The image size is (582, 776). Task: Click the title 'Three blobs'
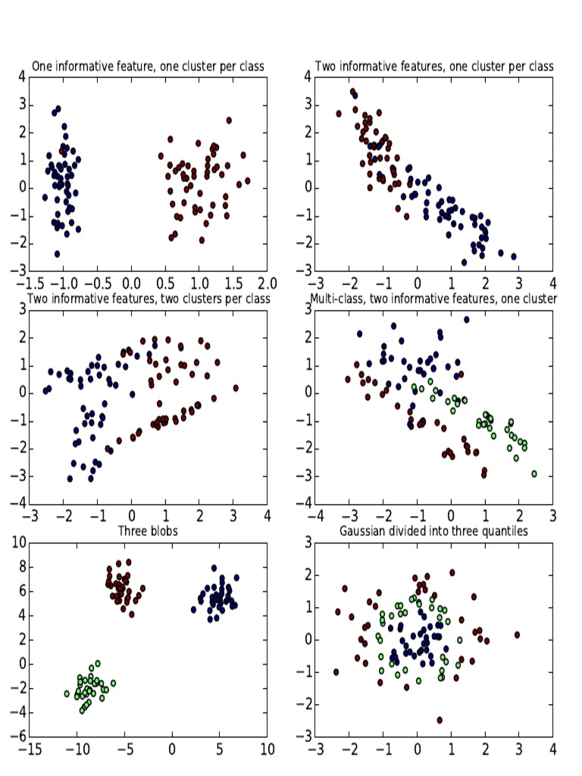148,531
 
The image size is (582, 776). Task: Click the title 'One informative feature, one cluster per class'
148,67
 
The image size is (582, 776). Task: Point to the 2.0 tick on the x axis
267,283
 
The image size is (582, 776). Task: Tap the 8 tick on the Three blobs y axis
21,566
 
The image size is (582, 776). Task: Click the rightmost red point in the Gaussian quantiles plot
518,635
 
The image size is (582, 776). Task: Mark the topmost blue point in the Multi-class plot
467,320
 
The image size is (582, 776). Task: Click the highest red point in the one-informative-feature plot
229,120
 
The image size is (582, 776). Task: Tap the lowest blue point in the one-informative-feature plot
57,254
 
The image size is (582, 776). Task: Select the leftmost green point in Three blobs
67,693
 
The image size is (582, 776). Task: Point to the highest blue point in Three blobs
214,568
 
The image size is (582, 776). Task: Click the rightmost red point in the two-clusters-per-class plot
236,387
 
